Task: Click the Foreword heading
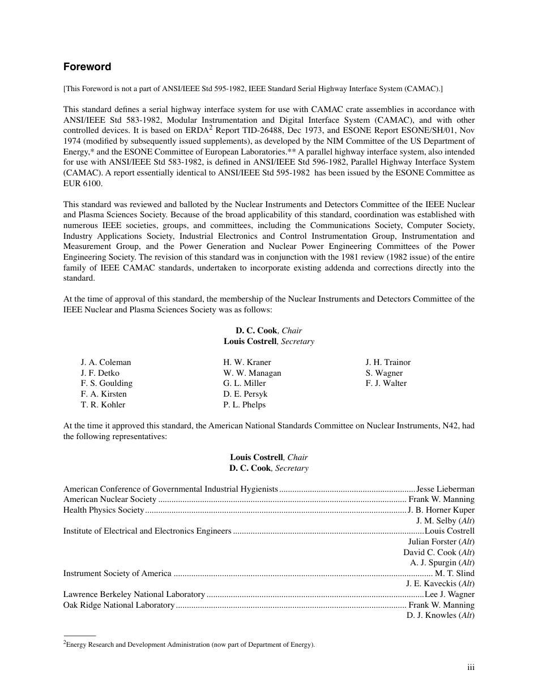pyautogui.click(x=87, y=67)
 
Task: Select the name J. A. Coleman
pyautogui.click(x=106, y=362)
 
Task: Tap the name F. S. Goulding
pyautogui.click(x=106, y=383)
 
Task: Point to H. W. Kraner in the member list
pyautogui.click(x=247, y=362)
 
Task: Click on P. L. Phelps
pyautogui.click(x=244, y=405)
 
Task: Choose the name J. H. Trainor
pyautogui.click(x=388, y=362)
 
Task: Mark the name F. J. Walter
pyautogui.click(x=386, y=383)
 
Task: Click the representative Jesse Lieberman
pyautogui.click(x=445, y=489)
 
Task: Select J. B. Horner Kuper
pyautogui.click(x=441, y=510)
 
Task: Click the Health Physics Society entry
pyautogui.click(x=104, y=510)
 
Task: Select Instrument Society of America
pyautogui.click(x=117, y=573)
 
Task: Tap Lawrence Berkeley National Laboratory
pyautogui.click(x=134, y=594)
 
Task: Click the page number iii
pyautogui.click(x=471, y=667)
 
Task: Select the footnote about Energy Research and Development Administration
pyautogui.click(x=189, y=645)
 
